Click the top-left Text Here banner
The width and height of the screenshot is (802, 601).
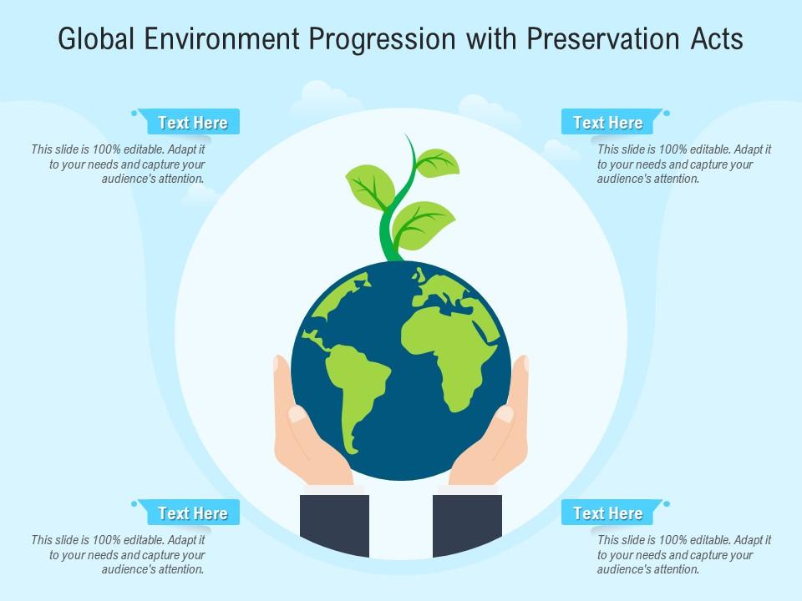tap(193, 123)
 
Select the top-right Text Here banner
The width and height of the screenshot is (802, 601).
tap(608, 123)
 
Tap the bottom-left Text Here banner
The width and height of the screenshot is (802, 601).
tap(193, 513)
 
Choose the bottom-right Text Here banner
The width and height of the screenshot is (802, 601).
tap(608, 513)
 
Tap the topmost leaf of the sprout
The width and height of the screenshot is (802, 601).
tap(438, 162)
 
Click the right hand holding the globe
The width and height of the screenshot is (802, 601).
tap(496, 434)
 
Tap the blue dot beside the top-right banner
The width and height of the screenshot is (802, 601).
tap(667, 113)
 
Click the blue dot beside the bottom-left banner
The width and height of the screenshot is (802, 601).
tap(134, 503)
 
